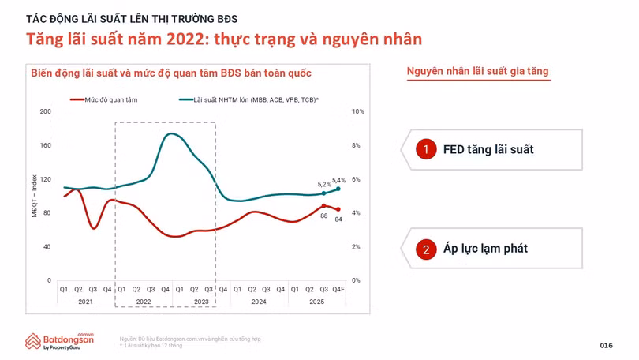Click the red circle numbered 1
[x=426, y=149]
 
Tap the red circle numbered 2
[x=426, y=249]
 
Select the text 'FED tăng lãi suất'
[x=488, y=149]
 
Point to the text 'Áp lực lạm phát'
[x=485, y=249]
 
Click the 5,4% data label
[x=339, y=180]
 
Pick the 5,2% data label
[x=324, y=184]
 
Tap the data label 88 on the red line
[x=323, y=216]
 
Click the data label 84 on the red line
[x=338, y=219]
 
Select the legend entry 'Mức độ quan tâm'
[x=110, y=100]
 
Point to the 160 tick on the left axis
[x=45, y=145]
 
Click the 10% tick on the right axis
[x=357, y=111]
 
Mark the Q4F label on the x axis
[x=338, y=290]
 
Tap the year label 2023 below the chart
[x=201, y=302]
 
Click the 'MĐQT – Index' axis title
[x=35, y=196]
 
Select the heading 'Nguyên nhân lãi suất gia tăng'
[x=477, y=72]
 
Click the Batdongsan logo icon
[x=33, y=341]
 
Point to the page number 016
[x=606, y=346]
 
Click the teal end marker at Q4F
[x=338, y=189]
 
